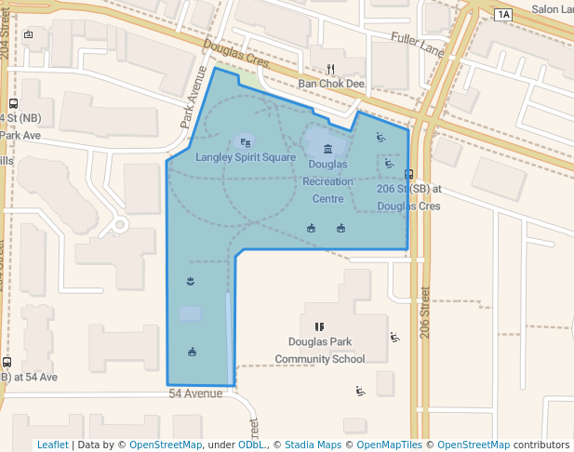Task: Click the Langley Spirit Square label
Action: (246, 157)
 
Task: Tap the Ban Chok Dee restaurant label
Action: (330, 84)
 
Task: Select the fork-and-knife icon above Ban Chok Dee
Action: (330, 69)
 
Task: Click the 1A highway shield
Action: (503, 14)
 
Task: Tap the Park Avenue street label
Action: (192, 100)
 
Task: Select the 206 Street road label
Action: (426, 311)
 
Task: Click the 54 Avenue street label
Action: (195, 393)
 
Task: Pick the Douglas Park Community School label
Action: (320, 350)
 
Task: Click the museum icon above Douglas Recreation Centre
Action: (327, 149)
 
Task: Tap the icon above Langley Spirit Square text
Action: (246, 142)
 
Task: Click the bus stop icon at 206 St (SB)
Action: (409, 173)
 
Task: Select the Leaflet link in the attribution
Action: (52, 445)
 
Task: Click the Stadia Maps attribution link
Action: (313, 445)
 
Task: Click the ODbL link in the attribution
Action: (250, 445)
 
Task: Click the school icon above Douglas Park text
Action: (319, 326)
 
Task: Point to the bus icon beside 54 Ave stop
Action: (7, 362)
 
